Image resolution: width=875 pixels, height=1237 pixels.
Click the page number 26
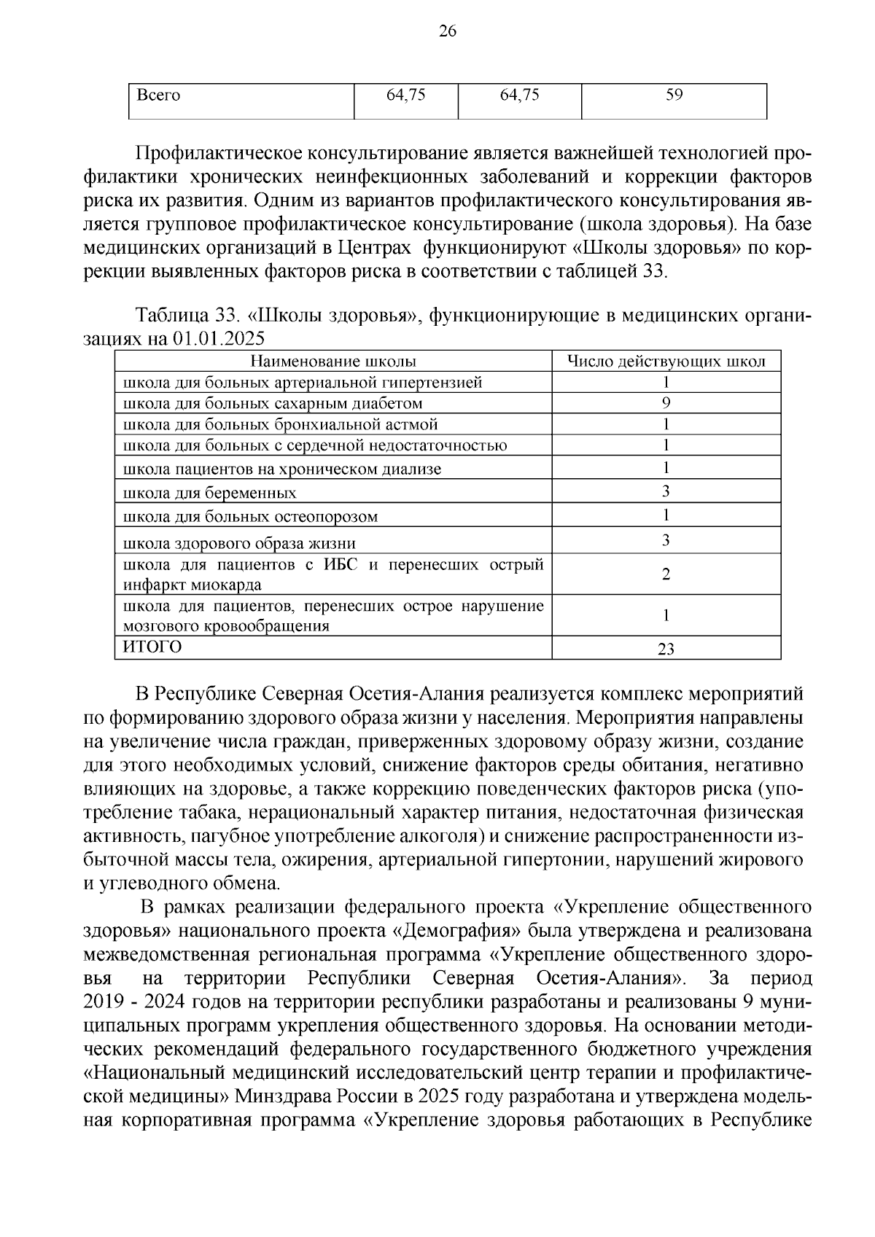click(x=447, y=31)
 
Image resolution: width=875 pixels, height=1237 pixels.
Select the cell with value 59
click(x=674, y=95)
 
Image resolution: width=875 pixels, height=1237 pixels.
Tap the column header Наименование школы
click(x=333, y=362)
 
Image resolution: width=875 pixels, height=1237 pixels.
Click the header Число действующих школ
click(x=666, y=362)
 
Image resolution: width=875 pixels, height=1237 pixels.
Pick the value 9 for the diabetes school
click(x=666, y=403)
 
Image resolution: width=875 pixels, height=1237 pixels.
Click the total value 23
click(x=666, y=649)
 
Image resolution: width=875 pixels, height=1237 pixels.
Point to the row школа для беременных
click(x=210, y=493)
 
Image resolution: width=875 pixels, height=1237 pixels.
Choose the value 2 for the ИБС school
click(x=666, y=574)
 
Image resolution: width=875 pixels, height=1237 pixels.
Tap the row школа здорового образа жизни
click(x=240, y=543)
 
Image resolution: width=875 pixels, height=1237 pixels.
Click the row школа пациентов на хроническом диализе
click(x=282, y=469)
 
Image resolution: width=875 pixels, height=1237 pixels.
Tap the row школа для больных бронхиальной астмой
click(x=281, y=424)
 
